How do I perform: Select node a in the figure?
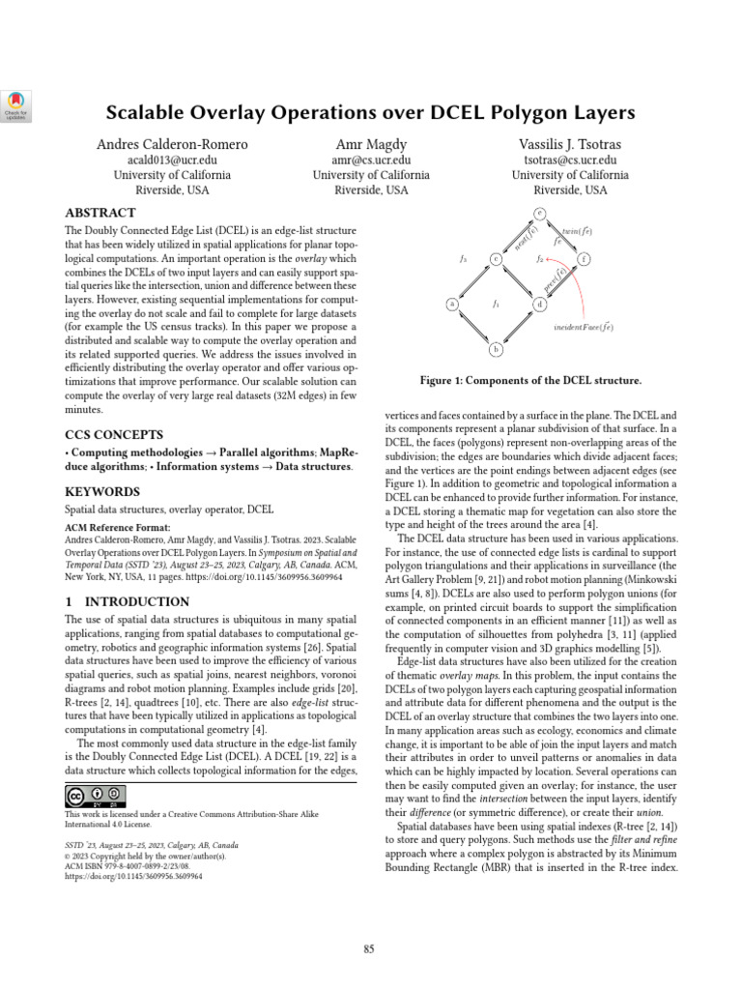pos(451,304)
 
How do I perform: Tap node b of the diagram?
pos(496,349)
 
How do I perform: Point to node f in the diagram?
pos(584,259)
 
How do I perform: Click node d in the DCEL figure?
pos(539,305)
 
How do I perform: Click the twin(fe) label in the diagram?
pos(577,232)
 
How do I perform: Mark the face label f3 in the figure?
pos(463,259)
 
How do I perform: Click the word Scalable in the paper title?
pos(150,113)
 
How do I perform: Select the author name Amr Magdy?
pos(371,145)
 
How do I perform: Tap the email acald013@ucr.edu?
pos(172,160)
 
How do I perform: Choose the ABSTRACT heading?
pos(100,213)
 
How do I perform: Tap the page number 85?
pos(369,949)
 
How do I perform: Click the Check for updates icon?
pos(17,104)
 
